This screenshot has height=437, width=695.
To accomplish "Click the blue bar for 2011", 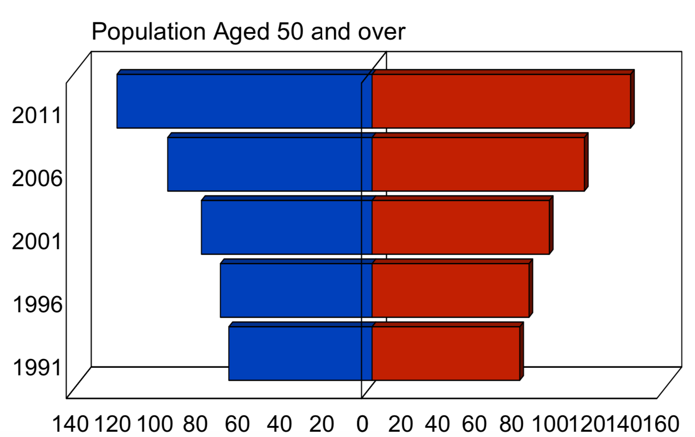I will point(244,101).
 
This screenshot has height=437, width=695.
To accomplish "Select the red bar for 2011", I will point(501,101).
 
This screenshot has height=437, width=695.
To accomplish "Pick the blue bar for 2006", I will point(269,164).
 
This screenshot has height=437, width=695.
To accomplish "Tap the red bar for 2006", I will point(478,164).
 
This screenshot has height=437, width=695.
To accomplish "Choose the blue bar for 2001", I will point(286,227).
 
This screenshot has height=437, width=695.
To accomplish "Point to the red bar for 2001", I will point(460,227).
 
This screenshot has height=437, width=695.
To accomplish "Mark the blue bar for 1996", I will point(296,290).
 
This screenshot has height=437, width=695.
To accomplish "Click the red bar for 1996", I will point(450,290).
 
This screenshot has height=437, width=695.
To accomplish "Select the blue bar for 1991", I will point(300,354).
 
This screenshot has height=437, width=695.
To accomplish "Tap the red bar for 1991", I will point(445,354).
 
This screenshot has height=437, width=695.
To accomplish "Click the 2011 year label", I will point(37,115).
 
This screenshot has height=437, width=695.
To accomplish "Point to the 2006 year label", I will point(37,179).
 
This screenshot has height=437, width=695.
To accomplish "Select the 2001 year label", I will point(37,242).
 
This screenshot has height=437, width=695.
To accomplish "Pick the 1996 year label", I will point(37,305).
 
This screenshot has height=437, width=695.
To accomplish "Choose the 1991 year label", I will point(37,368).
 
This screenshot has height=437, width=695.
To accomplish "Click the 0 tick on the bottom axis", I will point(362,424).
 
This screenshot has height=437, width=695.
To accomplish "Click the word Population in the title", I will point(148,32).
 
